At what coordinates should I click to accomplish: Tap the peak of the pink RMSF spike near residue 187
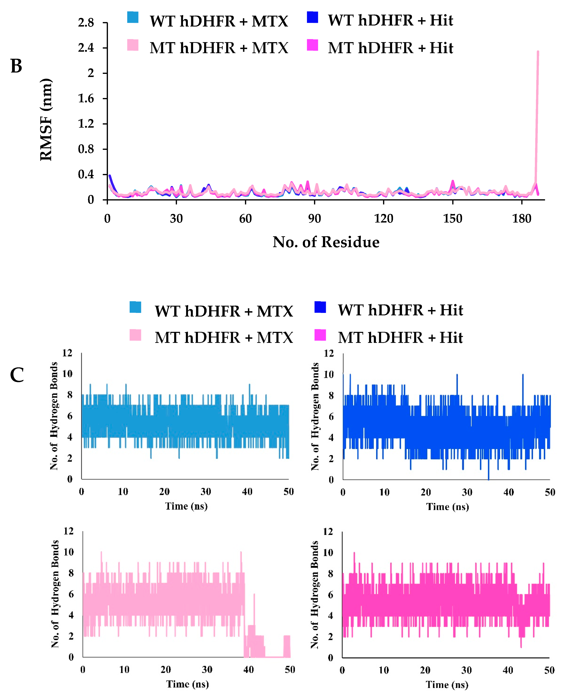[538, 51]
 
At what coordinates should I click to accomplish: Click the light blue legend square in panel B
[133, 17]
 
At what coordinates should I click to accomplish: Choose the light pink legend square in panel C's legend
[135, 335]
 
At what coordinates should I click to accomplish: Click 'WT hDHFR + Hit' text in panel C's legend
[400, 310]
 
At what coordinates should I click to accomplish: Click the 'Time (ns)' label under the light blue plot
[186, 506]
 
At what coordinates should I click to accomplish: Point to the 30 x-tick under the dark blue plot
[467, 492]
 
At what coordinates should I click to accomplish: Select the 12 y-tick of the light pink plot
[68, 531]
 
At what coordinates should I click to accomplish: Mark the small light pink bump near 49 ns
[287, 646]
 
